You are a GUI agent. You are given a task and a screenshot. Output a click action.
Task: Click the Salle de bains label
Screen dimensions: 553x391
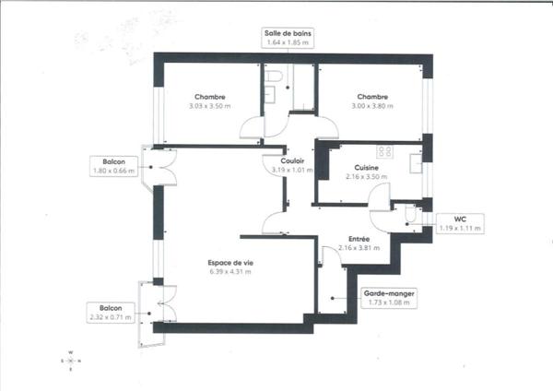288,33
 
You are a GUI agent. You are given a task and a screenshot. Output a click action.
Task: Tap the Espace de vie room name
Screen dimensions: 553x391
230,263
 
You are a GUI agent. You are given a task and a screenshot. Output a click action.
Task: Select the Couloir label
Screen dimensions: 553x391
292,160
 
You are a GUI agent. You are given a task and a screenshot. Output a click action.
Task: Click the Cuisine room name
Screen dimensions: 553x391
367,168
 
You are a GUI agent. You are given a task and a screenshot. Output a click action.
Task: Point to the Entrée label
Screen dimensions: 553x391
359,239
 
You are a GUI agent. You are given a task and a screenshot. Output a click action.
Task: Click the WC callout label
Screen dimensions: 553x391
460,219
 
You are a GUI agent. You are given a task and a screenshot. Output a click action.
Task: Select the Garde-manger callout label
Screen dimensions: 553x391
389,293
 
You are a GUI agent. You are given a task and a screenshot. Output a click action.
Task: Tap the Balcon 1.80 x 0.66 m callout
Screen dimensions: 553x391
114,166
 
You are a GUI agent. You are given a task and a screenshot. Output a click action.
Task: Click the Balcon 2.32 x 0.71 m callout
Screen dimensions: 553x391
111,313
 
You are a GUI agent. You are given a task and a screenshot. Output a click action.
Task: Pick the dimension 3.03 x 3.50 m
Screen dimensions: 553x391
210,106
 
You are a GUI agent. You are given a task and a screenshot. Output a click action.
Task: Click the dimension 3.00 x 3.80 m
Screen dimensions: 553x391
372,106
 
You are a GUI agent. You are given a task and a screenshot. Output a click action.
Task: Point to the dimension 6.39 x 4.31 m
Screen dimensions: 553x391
230,272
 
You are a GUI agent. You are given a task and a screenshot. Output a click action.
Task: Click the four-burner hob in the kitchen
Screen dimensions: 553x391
384,152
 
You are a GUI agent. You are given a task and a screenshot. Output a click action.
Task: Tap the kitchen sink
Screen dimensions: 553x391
416,163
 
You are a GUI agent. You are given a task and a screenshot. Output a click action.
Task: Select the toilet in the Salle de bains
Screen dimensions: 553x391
274,77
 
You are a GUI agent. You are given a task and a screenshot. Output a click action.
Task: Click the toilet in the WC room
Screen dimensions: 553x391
410,215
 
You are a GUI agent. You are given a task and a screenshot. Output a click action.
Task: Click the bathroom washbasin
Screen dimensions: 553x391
270,94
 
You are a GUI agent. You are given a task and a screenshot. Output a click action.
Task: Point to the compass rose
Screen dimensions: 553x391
71,361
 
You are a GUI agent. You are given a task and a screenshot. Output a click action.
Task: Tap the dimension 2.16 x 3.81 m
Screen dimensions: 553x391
359,248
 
